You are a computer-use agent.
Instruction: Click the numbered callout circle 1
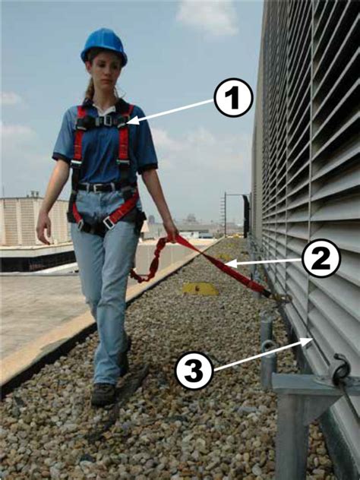click(232, 99)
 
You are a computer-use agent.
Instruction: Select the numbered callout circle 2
click(321, 259)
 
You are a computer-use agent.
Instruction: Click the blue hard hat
click(103, 45)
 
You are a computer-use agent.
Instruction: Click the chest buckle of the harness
click(107, 120)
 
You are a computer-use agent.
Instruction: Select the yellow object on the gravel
click(199, 289)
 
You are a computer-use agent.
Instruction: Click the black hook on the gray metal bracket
click(339, 371)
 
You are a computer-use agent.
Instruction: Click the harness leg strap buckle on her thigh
click(109, 223)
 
